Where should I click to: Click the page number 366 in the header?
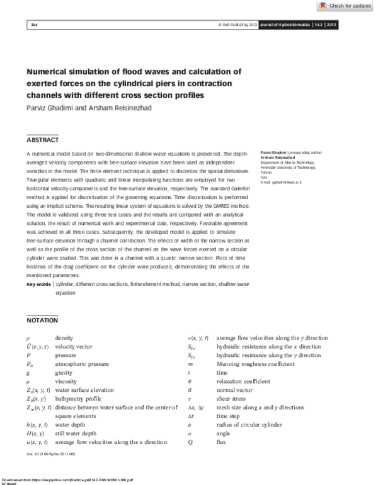[x=34, y=25]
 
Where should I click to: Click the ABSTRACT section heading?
[x=43, y=140]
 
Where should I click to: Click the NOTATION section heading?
[x=42, y=321]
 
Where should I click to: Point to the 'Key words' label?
[x=39, y=285]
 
